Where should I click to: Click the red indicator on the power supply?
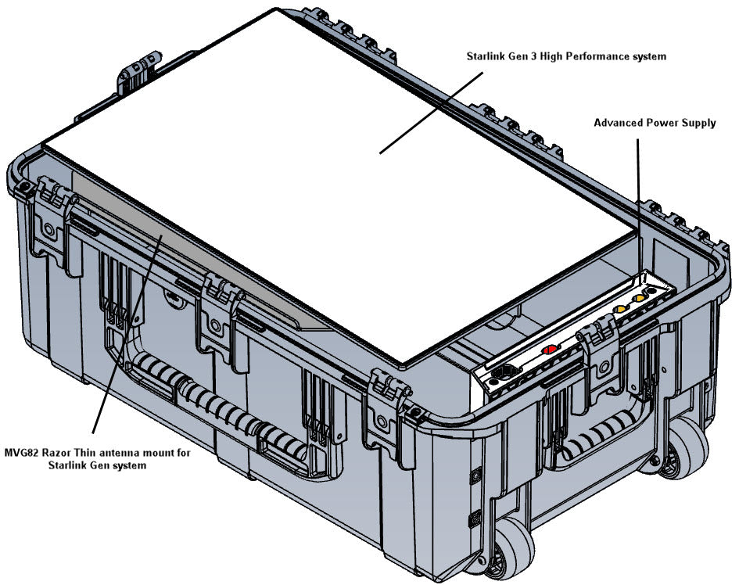coord(549,350)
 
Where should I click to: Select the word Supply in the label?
coord(698,123)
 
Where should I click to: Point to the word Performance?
coord(602,56)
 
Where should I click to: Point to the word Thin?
coord(95,453)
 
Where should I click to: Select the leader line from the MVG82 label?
coord(125,336)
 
